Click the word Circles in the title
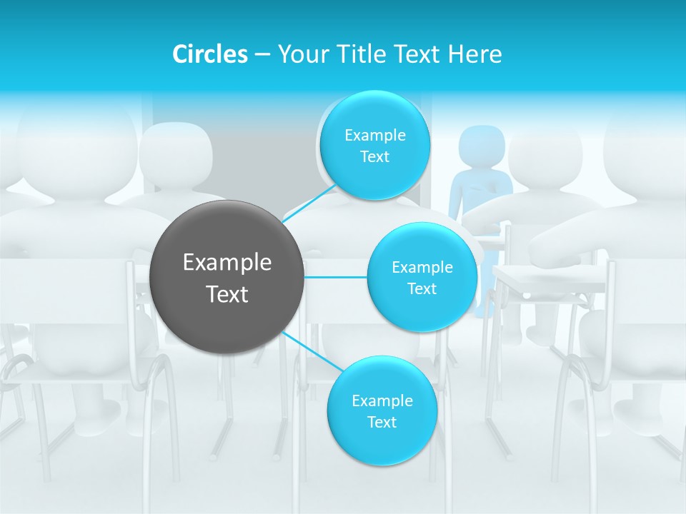[x=209, y=54]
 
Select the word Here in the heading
[x=475, y=54]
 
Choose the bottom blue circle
[x=382, y=443]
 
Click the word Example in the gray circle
[x=227, y=263]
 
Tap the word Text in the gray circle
[x=227, y=294]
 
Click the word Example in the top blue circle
[x=375, y=136]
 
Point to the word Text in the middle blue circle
[x=422, y=288]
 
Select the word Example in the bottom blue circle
[x=382, y=400]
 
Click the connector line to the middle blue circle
[x=336, y=276]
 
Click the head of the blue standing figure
[x=481, y=145]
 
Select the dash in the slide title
[x=262, y=54]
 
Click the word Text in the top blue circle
[x=375, y=157]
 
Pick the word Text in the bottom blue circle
[x=382, y=422]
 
